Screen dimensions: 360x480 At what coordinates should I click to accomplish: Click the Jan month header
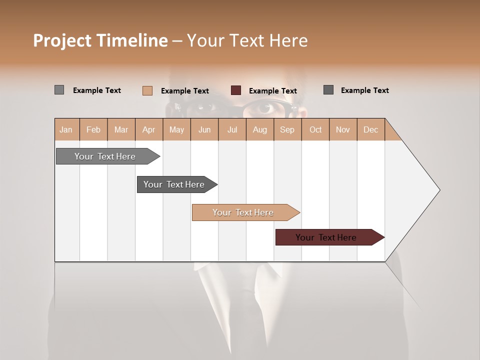click(x=66, y=130)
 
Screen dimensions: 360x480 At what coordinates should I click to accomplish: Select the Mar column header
click(x=121, y=130)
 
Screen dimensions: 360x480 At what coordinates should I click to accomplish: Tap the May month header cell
click(x=176, y=130)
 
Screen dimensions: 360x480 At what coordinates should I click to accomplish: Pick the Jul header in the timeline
click(x=232, y=130)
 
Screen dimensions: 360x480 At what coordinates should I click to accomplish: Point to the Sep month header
click(x=287, y=130)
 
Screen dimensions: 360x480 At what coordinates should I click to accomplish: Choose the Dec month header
click(x=370, y=130)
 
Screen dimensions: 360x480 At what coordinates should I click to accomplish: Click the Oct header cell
click(x=315, y=130)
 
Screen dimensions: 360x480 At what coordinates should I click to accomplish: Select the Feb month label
click(x=93, y=130)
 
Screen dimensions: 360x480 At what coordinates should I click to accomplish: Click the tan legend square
click(x=147, y=90)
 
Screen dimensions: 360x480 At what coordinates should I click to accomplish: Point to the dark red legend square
click(x=236, y=90)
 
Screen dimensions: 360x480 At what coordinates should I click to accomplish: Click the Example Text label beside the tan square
click(x=185, y=91)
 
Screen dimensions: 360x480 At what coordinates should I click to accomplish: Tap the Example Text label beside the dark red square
click(x=273, y=91)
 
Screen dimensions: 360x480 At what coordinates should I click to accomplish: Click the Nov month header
click(x=342, y=130)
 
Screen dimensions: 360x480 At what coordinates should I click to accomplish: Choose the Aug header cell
click(x=259, y=130)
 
